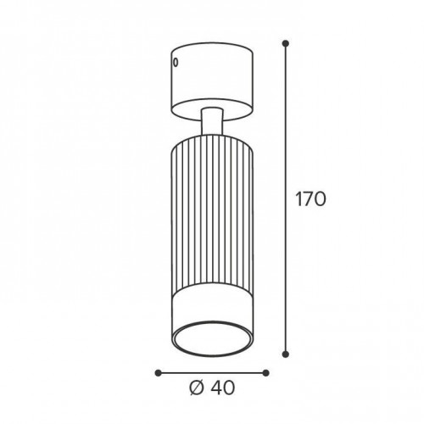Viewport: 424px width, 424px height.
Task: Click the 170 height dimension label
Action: click(310, 199)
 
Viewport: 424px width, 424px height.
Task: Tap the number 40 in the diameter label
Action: click(222, 388)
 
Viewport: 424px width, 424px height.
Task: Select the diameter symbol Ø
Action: click(196, 388)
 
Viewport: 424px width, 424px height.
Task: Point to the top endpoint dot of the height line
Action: click(286, 43)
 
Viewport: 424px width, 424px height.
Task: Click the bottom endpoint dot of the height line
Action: click(286, 354)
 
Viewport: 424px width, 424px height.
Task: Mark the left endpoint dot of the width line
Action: click(159, 373)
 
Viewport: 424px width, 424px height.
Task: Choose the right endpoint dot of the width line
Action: click(265, 373)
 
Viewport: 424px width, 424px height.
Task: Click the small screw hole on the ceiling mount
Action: click(176, 63)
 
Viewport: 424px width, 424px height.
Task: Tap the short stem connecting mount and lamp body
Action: click(212, 121)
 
